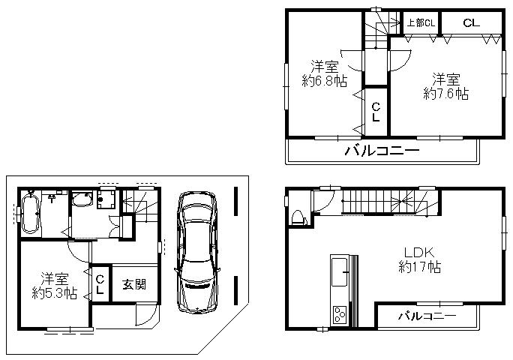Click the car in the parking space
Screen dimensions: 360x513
[196, 252]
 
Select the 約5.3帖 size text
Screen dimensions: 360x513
[54, 293]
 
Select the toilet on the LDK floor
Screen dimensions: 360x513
[298, 217]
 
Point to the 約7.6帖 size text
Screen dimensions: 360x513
[445, 94]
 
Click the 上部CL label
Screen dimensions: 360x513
[421, 23]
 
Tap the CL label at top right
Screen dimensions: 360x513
[470, 23]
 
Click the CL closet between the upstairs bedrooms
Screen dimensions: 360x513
[375, 112]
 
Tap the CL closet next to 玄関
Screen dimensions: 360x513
[100, 283]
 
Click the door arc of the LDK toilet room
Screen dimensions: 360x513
[324, 201]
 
